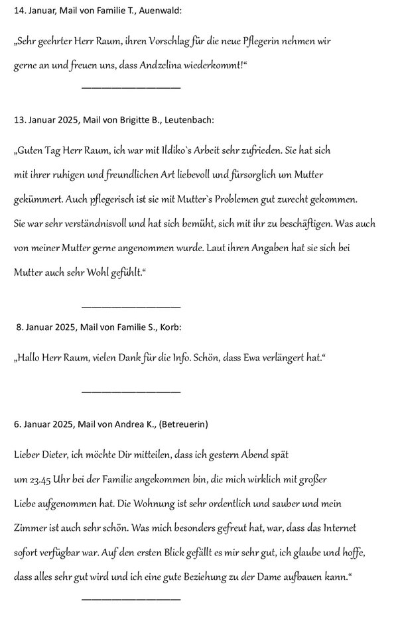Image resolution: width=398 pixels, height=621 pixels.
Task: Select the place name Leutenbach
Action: [x=188, y=120]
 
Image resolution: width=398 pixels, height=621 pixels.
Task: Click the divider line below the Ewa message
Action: [x=131, y=391]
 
